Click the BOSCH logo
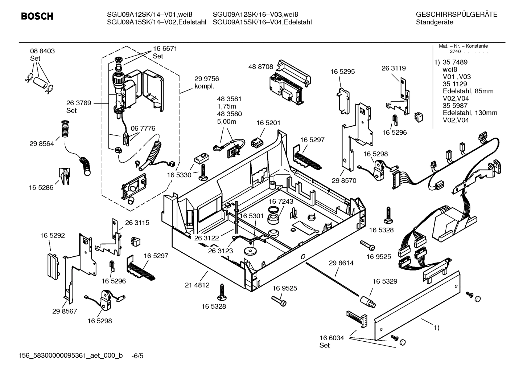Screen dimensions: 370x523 (x=37, y=16)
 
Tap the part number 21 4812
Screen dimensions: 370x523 (x=197, y=285)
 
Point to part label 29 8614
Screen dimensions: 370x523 (x=341, y=263)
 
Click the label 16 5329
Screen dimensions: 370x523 (x=385, y=281)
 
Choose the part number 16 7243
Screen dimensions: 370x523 (x=281, y=201)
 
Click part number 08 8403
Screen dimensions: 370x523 (x=42, y=51)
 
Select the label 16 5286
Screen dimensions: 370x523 (x=41, y=187)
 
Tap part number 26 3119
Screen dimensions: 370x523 (x=394, y=68)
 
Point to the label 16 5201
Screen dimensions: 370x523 (x=268, y=123)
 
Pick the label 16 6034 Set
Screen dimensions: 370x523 (x=331, y=341)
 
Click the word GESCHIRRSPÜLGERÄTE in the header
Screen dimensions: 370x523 (x=456, y=15)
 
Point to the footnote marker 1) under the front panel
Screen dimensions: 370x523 (x=436, y=328)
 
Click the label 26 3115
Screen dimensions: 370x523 (x=137, y=223)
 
